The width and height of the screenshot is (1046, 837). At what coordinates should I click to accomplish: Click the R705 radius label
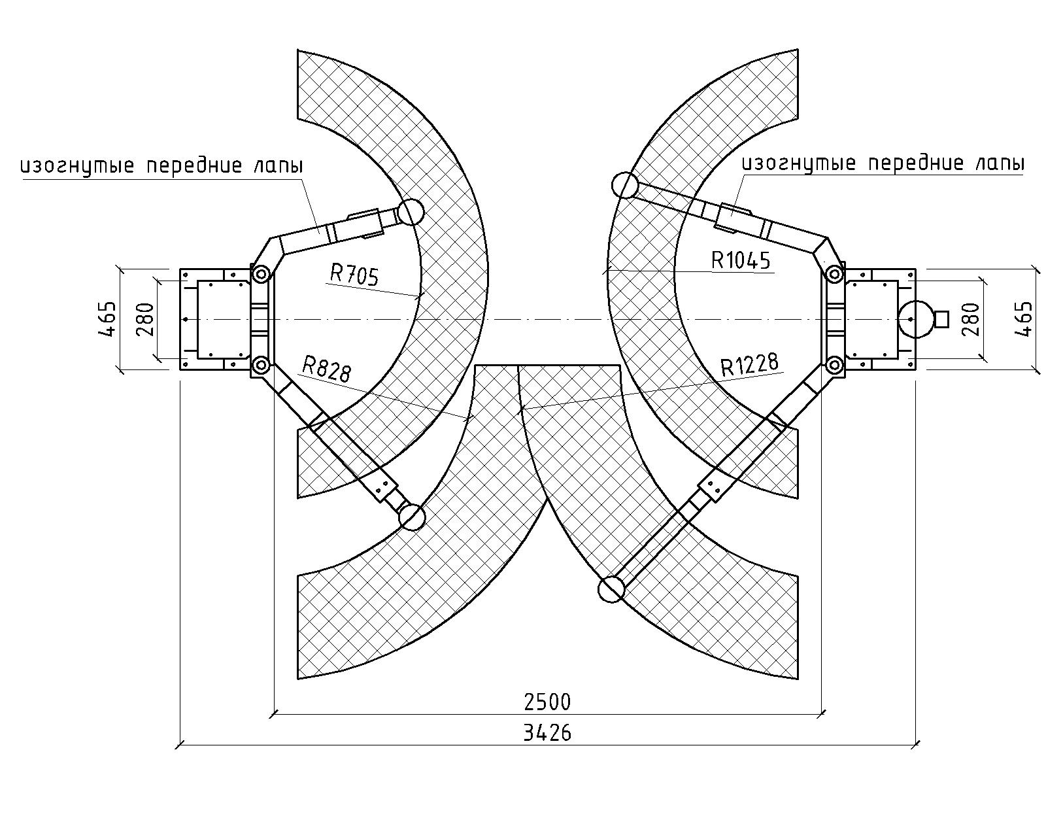[x=354, y=274]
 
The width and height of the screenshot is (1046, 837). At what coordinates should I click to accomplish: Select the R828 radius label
[x=326, y=369]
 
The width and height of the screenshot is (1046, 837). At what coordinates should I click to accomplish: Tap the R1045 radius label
[x=741, y=260]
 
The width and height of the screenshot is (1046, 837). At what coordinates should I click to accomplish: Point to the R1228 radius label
[x=749, y=365]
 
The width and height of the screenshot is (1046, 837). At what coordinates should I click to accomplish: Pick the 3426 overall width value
[x=547, y=733]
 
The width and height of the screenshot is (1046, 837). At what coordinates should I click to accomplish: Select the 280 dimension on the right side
[x=971, y=319]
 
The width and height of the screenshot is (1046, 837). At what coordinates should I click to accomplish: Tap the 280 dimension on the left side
[x=145, y=320]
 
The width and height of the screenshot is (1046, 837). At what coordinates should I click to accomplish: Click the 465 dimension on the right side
[x=1023, y=319]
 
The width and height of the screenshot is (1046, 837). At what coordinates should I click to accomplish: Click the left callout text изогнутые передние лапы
[x=161, y=166]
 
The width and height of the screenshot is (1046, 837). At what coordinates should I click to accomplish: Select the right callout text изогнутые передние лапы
[x=883, y=163]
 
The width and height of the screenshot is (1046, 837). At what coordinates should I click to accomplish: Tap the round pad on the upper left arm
[x=411, y=212]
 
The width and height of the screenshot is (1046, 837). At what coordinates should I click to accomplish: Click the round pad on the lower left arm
[x=411, y=517]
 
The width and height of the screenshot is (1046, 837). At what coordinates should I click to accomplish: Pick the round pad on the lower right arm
[x=611, y=589]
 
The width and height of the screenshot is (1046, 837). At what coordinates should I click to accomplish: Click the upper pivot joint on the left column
[x=261, y=274]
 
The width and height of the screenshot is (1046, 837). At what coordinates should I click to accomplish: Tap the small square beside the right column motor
[x=941, y=319]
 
